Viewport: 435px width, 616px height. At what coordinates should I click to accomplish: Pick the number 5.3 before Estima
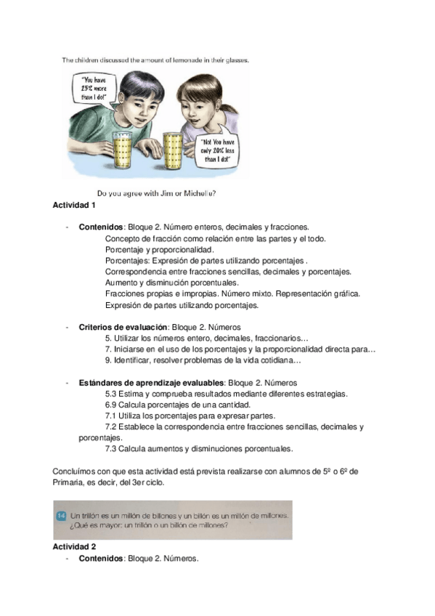[x=111, y=394]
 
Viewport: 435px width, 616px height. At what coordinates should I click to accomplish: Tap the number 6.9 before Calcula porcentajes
[x=111, y=405]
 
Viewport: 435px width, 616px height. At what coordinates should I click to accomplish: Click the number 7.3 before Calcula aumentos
[x=111, y=449]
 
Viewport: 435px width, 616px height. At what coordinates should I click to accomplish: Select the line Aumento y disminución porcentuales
[x=171, y=283]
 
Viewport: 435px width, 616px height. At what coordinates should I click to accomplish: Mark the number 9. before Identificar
[x=108, y=360]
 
